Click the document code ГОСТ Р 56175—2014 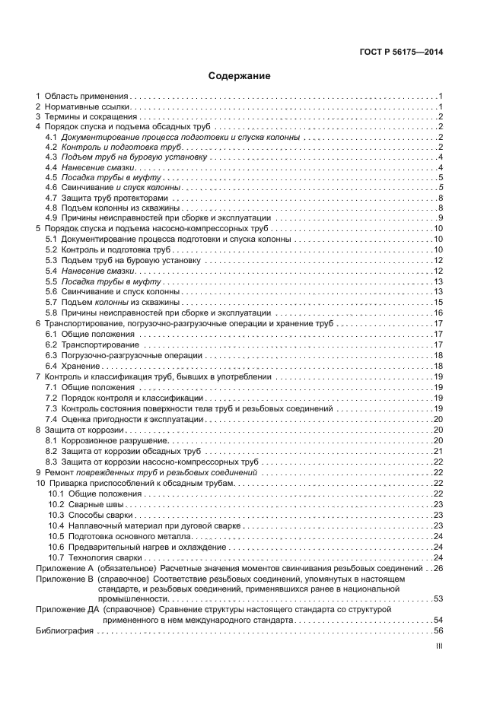(401, 52)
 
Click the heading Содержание (240, 76)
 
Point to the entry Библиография (64, 630)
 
